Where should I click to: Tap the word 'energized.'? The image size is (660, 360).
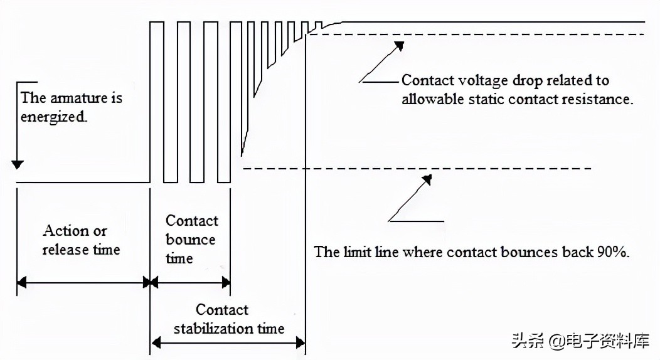(53, 117)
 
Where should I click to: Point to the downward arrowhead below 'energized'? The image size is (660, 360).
(18, 164)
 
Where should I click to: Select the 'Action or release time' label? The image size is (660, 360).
(80, 240)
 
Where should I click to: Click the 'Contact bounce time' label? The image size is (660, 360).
(191, 239)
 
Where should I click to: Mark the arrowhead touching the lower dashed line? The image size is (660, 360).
(427, 180)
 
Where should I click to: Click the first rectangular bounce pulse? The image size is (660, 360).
(157, 100)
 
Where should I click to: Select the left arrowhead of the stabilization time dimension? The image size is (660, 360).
(155, 342)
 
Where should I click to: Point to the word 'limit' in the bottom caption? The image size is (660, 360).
(356, 252)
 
